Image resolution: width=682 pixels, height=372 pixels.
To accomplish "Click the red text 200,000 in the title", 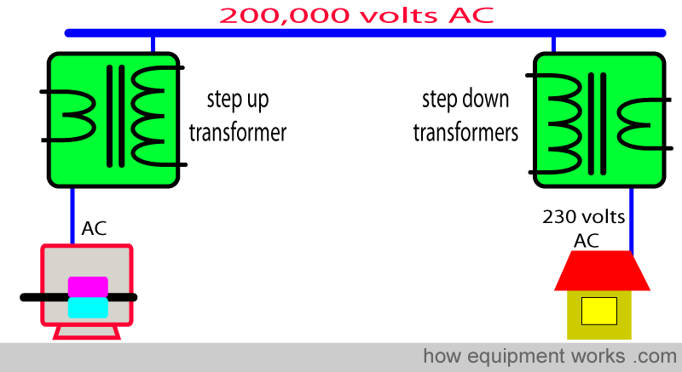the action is coord(285,16).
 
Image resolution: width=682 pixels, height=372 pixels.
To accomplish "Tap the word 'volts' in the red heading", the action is coord(399,16).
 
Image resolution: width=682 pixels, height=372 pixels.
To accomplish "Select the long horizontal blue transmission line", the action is coord(366,33).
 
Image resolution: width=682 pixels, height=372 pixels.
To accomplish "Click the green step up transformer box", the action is coord(113,120).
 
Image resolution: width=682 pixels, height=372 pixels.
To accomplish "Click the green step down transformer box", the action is coord(599,120).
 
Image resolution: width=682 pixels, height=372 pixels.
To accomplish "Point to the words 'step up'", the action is coord(238,100).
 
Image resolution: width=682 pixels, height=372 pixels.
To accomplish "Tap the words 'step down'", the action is coord(465,100).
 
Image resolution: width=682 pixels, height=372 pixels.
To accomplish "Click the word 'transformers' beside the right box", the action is coord(465,132).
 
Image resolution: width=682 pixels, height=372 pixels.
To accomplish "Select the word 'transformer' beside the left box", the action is coord(238,132).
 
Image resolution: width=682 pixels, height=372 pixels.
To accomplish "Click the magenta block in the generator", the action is coord(88,287).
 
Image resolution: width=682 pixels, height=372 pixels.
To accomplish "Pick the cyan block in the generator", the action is coord(88,308).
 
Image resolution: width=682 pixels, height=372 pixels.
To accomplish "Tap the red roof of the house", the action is coord(602,271).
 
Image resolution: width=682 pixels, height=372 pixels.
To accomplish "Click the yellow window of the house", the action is coord(599,311).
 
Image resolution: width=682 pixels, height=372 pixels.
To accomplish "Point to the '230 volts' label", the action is coord(584,216).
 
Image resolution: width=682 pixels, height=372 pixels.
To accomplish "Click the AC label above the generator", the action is coord(94,228).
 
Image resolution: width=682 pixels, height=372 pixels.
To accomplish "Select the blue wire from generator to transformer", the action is coord(72,216).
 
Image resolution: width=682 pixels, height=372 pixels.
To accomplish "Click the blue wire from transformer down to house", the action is coord(631,221).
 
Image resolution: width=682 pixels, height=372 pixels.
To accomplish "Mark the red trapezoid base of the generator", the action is coord(87,333).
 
